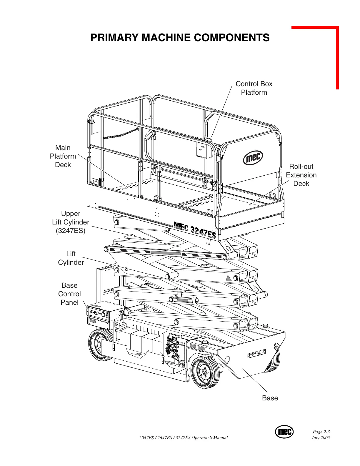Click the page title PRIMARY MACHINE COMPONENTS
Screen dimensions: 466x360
(180, 38)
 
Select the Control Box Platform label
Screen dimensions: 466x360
(254, 88)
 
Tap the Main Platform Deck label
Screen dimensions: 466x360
(63, 156)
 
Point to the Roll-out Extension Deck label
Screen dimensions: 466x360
(301, 175)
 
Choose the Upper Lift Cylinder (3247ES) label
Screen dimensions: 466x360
(71, 222)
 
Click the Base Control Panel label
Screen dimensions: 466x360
(69, 294)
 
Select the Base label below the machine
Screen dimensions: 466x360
(270, 398)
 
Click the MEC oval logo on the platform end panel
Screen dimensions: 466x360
(253, 158)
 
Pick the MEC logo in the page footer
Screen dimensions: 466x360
(284, 432)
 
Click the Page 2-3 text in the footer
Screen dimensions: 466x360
(321, 432)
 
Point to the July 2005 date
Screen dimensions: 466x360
(321, 438)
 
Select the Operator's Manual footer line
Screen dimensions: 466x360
(183, 438)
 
